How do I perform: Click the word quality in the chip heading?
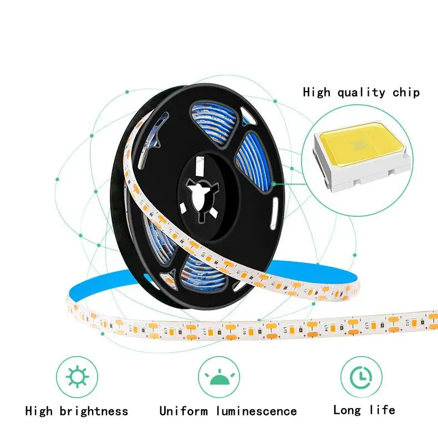(361, 92)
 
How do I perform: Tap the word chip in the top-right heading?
(406, 92)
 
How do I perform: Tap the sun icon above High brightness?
(77, 377)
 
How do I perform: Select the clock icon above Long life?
(361, 377)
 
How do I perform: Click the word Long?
(347, 410)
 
